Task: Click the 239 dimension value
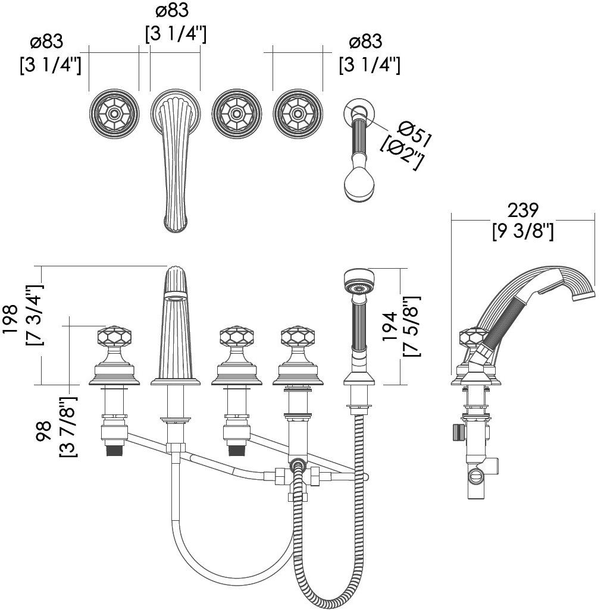coord(522,210)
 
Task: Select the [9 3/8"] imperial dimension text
coord(522,231)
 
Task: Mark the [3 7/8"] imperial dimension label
coord(67,426)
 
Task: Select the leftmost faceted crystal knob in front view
coord(114,338)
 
